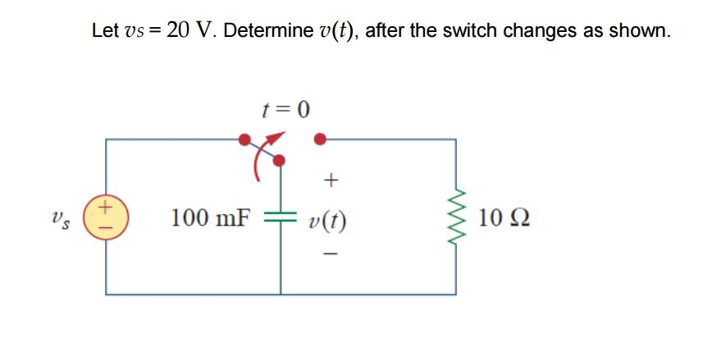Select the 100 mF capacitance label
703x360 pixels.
pyautogui.click(x=209, y=218)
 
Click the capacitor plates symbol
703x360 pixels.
pyautogui.click(x=281, y=218)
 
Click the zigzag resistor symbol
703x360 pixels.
pyautogui.click(x=456, y=218)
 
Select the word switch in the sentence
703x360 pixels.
pyautogui.click(x=469, y=31)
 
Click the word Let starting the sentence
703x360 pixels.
pyautogui.click(x=104, y=31)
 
